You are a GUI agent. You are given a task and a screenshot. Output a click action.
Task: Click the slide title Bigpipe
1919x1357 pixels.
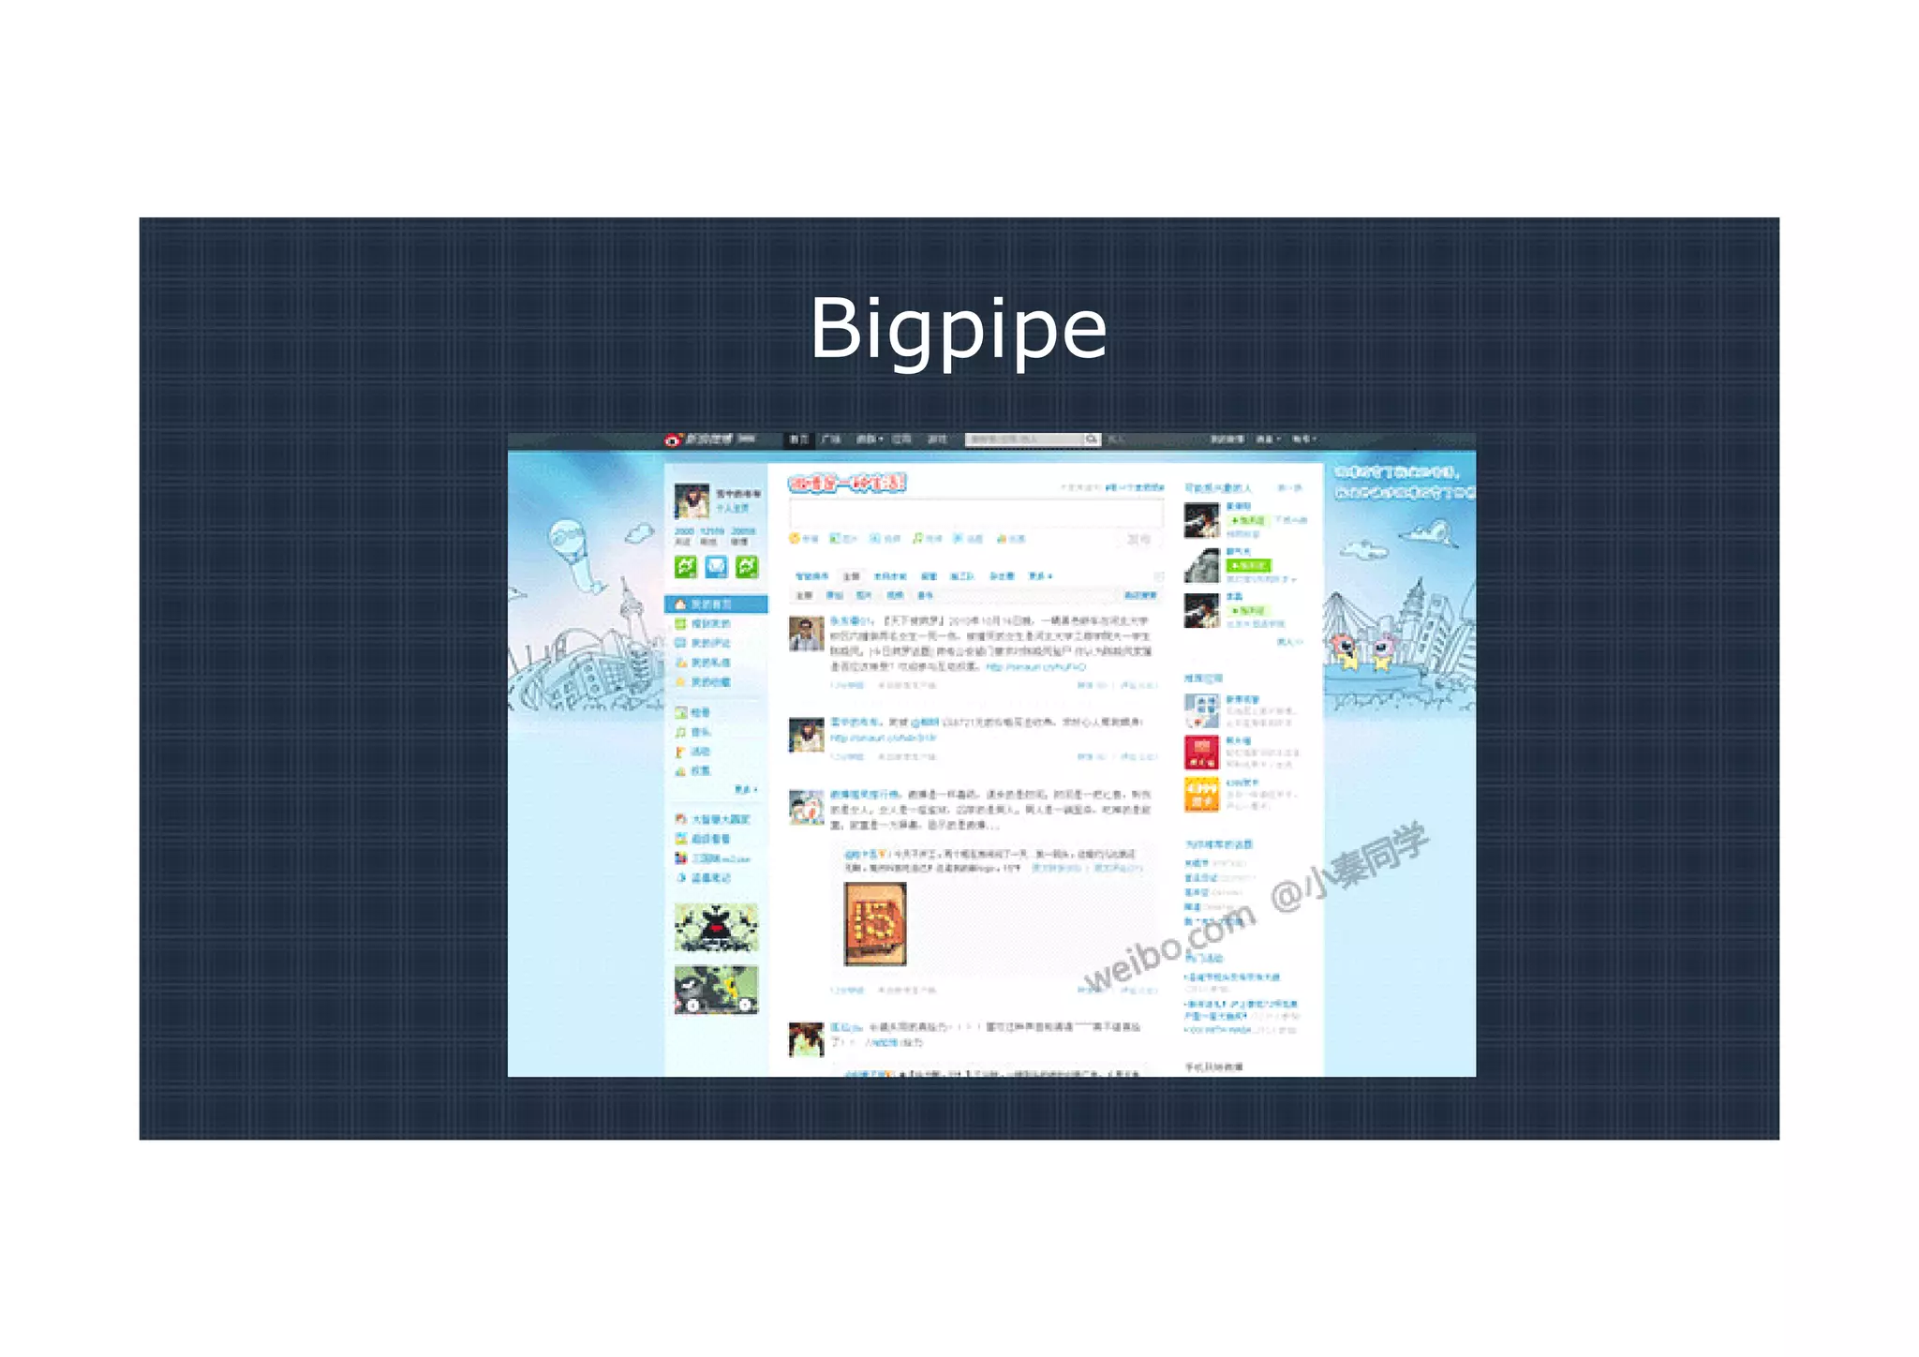point(958,328)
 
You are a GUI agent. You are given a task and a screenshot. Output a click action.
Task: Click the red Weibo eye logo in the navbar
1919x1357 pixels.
point(673,440)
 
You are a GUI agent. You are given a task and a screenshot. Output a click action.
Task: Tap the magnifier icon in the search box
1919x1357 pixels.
point(1092,440)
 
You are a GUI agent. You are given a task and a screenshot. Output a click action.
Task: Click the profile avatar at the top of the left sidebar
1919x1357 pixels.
point(692,501)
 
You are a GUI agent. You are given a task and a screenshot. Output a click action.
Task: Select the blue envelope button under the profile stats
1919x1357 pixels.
point(716,566)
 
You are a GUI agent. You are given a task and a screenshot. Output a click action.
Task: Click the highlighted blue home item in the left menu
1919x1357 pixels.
point(716,604)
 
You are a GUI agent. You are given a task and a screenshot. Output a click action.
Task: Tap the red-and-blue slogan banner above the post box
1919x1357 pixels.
point(847,484)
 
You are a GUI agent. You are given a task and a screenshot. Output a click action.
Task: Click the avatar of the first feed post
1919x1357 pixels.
point(806,634)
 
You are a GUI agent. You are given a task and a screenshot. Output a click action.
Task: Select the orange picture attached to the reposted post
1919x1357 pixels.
point(875,924)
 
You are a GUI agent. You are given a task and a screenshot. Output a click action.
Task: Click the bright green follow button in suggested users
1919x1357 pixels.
point(1249,565)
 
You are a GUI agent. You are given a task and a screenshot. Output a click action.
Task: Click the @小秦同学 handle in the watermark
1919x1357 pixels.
point(1349,867)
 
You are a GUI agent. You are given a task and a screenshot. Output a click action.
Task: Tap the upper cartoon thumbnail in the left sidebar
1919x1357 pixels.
point(716,928)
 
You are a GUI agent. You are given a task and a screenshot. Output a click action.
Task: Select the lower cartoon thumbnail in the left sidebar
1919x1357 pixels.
point(716,990)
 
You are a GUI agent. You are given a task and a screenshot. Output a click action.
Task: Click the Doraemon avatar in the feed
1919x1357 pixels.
point(806,808)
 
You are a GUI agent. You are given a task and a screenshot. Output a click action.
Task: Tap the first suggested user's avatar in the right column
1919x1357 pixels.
point(1201,520)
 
